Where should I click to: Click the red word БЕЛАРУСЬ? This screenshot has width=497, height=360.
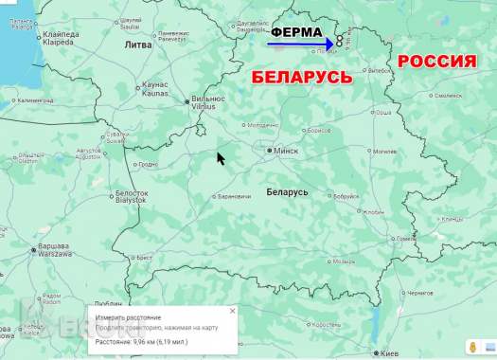coord(301,77)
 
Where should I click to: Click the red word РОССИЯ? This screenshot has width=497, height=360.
coord(436,63)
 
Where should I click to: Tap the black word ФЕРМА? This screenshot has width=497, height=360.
coord(296,31)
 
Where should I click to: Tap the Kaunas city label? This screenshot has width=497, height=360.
coord(155,89)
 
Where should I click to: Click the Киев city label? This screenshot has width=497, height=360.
coord(388,352)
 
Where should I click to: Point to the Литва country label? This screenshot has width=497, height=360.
coord(137,45)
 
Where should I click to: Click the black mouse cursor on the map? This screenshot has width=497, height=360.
coord(221,158)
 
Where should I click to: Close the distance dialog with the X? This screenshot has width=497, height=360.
coord(233,310)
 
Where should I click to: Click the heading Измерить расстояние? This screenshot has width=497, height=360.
coord(128,317)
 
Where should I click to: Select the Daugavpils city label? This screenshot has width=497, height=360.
coord(253,22)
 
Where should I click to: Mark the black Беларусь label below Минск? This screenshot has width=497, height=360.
coord(287,191)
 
